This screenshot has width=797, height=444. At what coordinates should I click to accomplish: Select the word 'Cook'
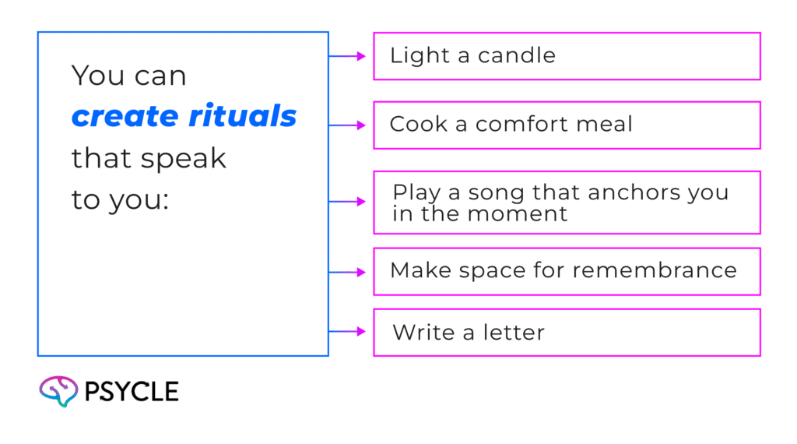point(416,124)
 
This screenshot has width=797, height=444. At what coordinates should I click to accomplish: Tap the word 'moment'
point(518,213)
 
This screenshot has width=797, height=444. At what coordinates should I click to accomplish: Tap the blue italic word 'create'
point(125,118)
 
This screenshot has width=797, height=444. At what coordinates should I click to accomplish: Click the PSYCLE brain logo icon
point(58,392)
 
